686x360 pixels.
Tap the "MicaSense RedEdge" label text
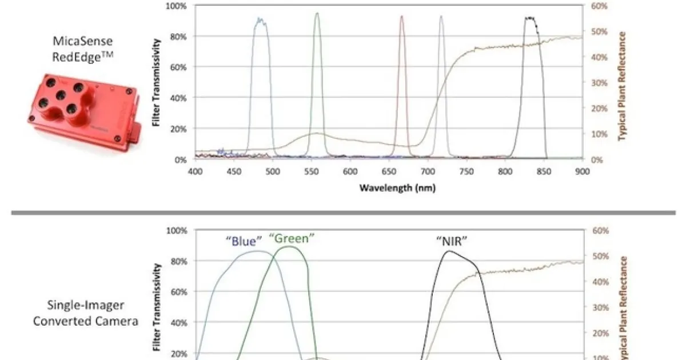pyautogui.click(x=83, y=49)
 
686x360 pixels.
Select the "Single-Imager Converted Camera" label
pyautogui.click(x=86, y=313)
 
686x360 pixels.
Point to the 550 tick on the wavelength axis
pyautogui.click(x=312, y=171)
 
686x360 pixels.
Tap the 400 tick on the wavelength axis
pyautogui.click(x=195, y=171)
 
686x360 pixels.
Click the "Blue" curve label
pyautogui.click(x=243, y=241)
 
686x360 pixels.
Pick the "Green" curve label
pyautogui.click(x=292, y=238)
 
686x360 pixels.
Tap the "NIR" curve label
pyautogui.click(x=452, y=241)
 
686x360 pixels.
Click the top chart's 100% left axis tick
pyautogui.click(x=176, y=6)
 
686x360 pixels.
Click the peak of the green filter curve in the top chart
pyautogui.click(x=317, y=13)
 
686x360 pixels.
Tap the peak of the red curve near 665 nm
pyautogui.click(x=401, y=16)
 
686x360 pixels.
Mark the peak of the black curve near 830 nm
pyautogui.click(x=531, y=18)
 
